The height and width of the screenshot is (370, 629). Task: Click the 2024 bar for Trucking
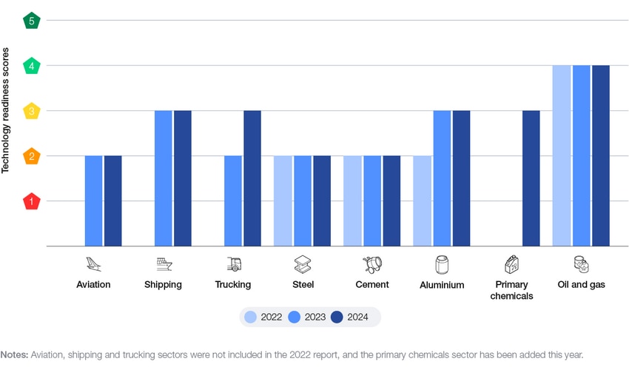coord(252,178)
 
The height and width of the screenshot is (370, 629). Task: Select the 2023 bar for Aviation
coord(93,201)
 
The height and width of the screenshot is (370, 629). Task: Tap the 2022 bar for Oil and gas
coord(562,155)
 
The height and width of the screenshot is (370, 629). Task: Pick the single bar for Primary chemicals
coord(531,178)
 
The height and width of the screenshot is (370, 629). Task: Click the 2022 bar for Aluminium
coord(423,201)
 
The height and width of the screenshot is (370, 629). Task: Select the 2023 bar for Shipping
coord(163,178)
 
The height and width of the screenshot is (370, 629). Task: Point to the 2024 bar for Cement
coord(391,201)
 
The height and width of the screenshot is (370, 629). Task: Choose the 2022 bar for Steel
coord(283,201)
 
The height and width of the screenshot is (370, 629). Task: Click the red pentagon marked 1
coord(32,201)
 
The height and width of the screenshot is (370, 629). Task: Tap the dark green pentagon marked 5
coord(32,21)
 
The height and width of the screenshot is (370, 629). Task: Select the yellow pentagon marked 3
coord(32,111)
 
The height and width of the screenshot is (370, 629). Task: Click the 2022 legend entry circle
coord(251,317)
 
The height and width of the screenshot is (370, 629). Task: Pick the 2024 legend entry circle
coord(337,317)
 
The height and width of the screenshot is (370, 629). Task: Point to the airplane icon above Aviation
coord(93,264)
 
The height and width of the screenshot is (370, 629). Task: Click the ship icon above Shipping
coord(164,264)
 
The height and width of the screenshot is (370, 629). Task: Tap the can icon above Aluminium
coord(442,264)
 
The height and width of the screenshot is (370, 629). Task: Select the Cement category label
coord(371,284)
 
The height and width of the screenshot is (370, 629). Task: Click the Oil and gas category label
coord(581,284)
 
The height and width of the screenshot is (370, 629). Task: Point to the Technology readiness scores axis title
coord(6,111)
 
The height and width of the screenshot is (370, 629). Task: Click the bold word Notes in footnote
coord(14,355)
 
